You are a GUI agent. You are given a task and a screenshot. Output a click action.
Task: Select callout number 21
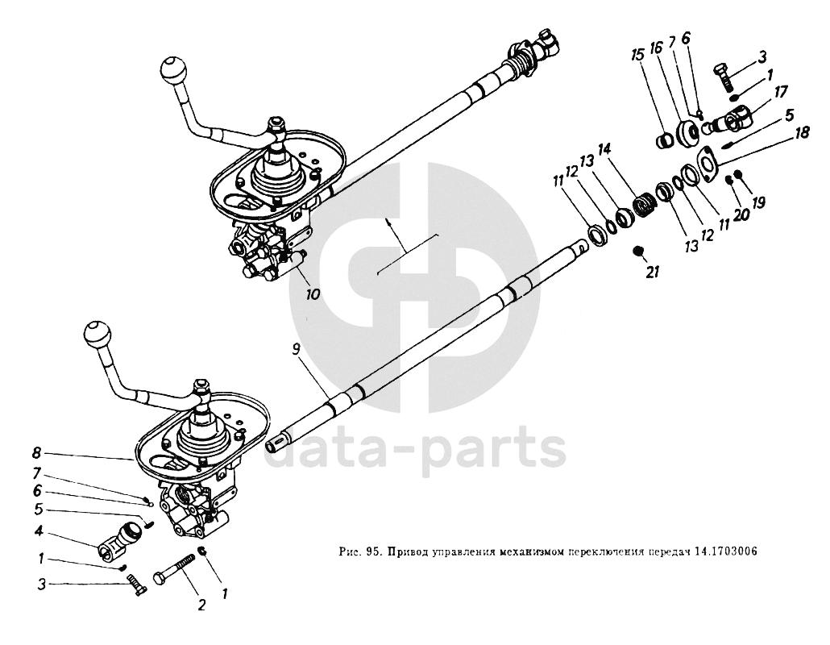coord(653,273)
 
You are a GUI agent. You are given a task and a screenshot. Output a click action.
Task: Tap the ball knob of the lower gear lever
coord(98,332)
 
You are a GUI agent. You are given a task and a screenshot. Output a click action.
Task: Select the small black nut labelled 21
coord(637,252)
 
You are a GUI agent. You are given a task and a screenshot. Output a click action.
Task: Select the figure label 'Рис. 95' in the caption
coord(359,552)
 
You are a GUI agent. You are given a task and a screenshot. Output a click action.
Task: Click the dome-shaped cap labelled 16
coord(690,132)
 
